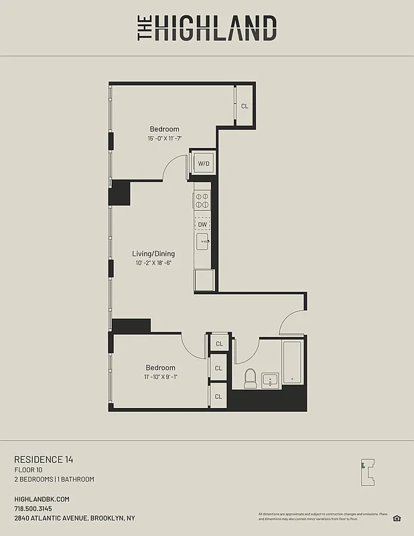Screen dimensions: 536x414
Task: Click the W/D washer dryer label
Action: (203, 163)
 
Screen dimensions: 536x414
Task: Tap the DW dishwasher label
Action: (202, 224)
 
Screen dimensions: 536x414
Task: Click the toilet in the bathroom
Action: (251, 379)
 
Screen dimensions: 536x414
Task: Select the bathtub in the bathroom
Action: (293, 362)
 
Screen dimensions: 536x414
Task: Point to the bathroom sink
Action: (270, 380)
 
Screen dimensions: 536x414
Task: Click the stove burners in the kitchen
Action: (202, 200)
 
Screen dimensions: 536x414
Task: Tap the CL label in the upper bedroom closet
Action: (245, 106)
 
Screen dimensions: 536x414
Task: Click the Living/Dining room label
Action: (153, 253)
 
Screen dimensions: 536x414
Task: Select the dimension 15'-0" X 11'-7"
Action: (165, 139)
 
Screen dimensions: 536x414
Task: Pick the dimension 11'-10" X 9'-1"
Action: (161, 377)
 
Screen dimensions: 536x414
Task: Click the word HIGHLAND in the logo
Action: (216, 28)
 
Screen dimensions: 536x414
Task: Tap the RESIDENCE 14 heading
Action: (44, 459)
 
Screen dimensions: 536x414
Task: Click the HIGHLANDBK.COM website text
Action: (42, 499)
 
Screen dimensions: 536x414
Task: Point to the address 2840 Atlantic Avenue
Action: (74, 518)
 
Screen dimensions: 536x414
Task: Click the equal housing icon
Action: (397, 517)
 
